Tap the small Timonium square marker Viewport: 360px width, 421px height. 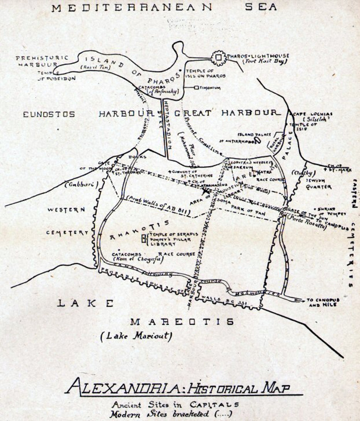pos(196,88)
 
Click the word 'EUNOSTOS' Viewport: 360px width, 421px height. pos(48,114)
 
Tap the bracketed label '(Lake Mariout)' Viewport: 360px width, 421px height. pos(135,336)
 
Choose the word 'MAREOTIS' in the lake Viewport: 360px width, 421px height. pos(182,321)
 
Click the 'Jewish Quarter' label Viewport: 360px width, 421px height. pos(318,183)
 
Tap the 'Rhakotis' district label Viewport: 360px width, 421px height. pos(140,230)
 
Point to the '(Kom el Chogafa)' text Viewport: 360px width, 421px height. pos(138,259)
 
